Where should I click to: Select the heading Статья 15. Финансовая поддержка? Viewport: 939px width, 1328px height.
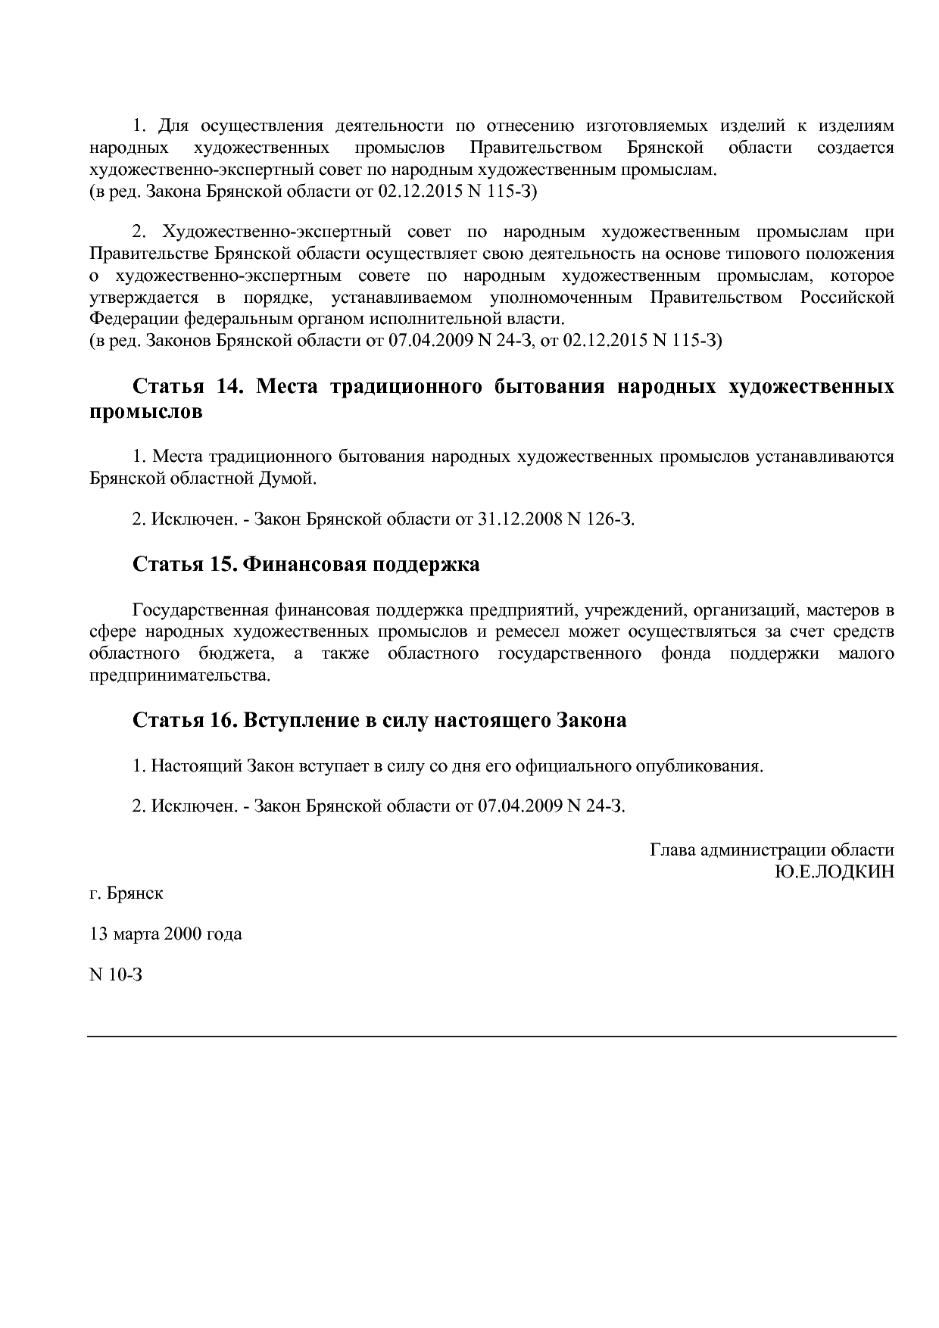(306, 565)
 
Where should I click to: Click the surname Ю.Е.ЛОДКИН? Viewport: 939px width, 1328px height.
(834, 871)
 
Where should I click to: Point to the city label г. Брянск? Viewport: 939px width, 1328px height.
(126, 893)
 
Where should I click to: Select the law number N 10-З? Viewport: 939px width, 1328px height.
(115, 974)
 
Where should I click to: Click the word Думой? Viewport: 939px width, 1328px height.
(291, 479)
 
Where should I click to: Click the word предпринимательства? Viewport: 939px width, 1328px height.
(179, 675)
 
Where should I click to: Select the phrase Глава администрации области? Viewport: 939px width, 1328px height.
(772, 850)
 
